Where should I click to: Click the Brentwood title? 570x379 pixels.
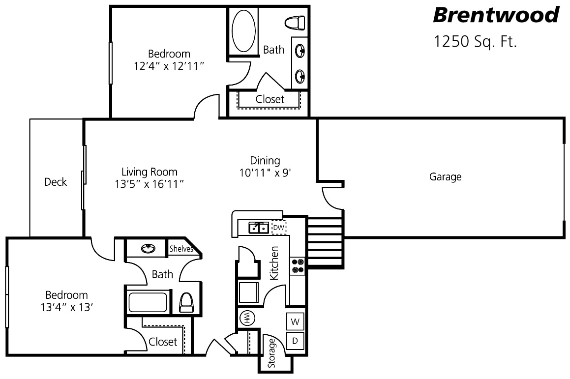click(496, 15)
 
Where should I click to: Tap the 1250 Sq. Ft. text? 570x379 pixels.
click(475, 41)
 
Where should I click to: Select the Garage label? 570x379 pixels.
click(445, 177)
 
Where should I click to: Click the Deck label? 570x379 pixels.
click(56, 182)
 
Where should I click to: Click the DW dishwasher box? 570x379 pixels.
click(278, 228)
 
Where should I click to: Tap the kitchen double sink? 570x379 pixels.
click(258, 228)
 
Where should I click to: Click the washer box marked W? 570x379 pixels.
click(295, 322)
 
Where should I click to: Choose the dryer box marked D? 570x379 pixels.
click(295, 340)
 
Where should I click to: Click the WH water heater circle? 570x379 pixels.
click(246, 318)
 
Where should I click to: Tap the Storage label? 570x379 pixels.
click(272, 354)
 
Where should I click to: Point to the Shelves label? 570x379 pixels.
click(181, 249)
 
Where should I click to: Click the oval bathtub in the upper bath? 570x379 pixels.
click(243, 30)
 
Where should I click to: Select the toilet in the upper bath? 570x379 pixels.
click(295, 23)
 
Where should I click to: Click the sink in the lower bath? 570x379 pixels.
click(148, 249)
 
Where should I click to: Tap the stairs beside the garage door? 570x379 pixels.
click(325, 242)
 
